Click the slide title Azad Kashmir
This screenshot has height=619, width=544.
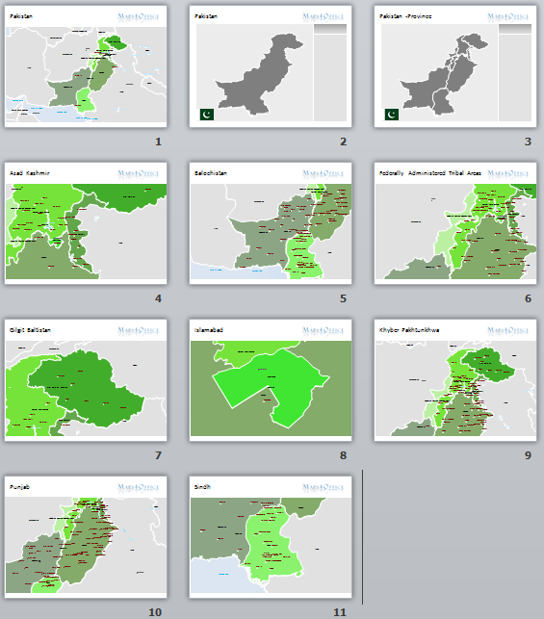(30, 173)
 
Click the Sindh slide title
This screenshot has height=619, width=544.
(202, 487)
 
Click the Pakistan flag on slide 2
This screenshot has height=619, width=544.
(206, 115)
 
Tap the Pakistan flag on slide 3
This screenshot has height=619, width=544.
(391, 115)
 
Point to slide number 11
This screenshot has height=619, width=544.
(340, 611)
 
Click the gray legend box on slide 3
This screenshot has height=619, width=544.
(515, 77)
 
